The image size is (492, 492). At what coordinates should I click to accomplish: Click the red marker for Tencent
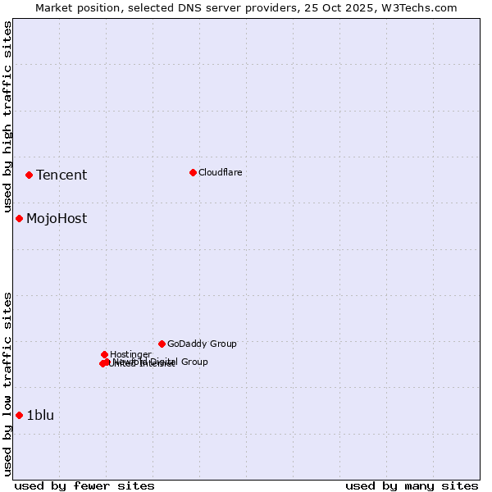29,175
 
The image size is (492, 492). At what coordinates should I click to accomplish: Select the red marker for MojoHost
19,218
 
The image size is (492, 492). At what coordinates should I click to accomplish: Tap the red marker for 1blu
19,415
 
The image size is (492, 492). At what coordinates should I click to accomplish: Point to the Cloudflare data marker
193,172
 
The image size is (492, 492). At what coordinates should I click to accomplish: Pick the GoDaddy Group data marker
162,344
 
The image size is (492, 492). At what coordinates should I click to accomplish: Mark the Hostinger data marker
104,354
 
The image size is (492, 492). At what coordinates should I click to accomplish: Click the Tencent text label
61,175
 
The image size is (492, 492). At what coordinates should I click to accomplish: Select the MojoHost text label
57,218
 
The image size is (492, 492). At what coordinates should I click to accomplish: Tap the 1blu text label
40,415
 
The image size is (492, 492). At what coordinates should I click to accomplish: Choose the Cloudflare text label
220,172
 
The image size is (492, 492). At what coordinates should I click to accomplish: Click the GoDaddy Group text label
202,344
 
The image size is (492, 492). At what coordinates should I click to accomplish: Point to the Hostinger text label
130,354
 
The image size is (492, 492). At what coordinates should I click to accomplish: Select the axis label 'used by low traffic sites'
8,384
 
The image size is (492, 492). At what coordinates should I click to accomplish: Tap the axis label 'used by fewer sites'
84,485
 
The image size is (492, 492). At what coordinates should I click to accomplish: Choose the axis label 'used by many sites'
412,485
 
